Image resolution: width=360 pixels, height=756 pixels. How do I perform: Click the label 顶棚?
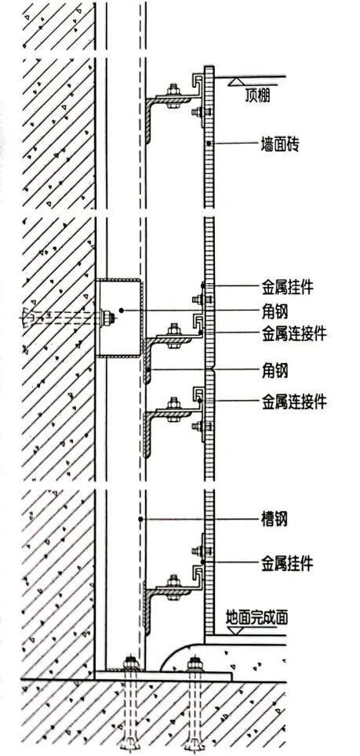pyautogui.click(x=257, y=97)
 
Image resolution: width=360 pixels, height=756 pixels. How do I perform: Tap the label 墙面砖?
pyautogui.click(x=279, y=144)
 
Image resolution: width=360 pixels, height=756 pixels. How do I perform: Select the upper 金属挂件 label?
pyautogui.click(x=287, y=288)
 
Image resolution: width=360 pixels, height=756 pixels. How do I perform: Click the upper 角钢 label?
pyautogui.click(x=275, y=311)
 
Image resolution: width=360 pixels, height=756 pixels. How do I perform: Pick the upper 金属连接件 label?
pyautogui.click(x=294, y=333)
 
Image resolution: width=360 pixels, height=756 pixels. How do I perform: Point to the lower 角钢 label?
pyautogui.click(x=275, y=370)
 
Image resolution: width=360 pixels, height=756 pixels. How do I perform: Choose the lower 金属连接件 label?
pyautogui.click(x=294, y=401)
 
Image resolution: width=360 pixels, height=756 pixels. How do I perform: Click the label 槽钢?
pyautogui.click(x=275, y=519)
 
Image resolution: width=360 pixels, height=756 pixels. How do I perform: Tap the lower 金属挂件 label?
pyautogui.click(x=287, y=562)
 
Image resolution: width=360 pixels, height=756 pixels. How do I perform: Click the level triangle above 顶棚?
pyautogui.click(x=237, y=81)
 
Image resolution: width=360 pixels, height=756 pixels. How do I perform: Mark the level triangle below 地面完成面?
pyautogui.click(x=235, y=630)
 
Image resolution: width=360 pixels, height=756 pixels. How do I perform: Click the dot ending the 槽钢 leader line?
pyautogui.click(x=140, y=519)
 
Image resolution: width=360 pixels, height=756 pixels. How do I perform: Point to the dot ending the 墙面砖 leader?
pyautogui.click(x=208, y=144)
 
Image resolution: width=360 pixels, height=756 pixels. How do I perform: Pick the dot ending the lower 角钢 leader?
pyautogui.click(x=149, y=370)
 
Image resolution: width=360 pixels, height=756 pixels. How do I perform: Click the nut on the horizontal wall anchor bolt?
pyautogui.click(x=108, y=318)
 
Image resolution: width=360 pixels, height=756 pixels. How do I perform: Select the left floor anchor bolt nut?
pyautogui.click(x=130, y=663)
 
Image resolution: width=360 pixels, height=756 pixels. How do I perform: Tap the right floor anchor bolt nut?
pyautogui.click(x=195, y=663)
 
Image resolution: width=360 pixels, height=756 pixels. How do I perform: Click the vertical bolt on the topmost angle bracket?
pyautogui.click(x=173, y=96)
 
